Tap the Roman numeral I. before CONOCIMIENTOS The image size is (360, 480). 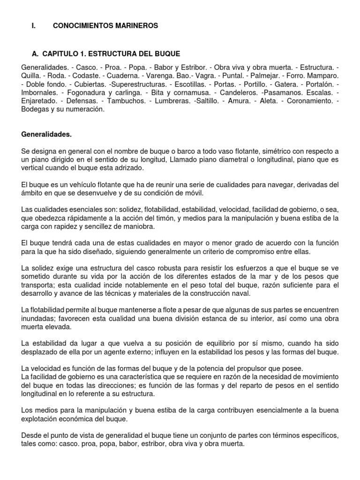pyautogui.click(x=33, y=26)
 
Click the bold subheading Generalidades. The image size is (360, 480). pyautogui.click(x=47, y=134)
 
